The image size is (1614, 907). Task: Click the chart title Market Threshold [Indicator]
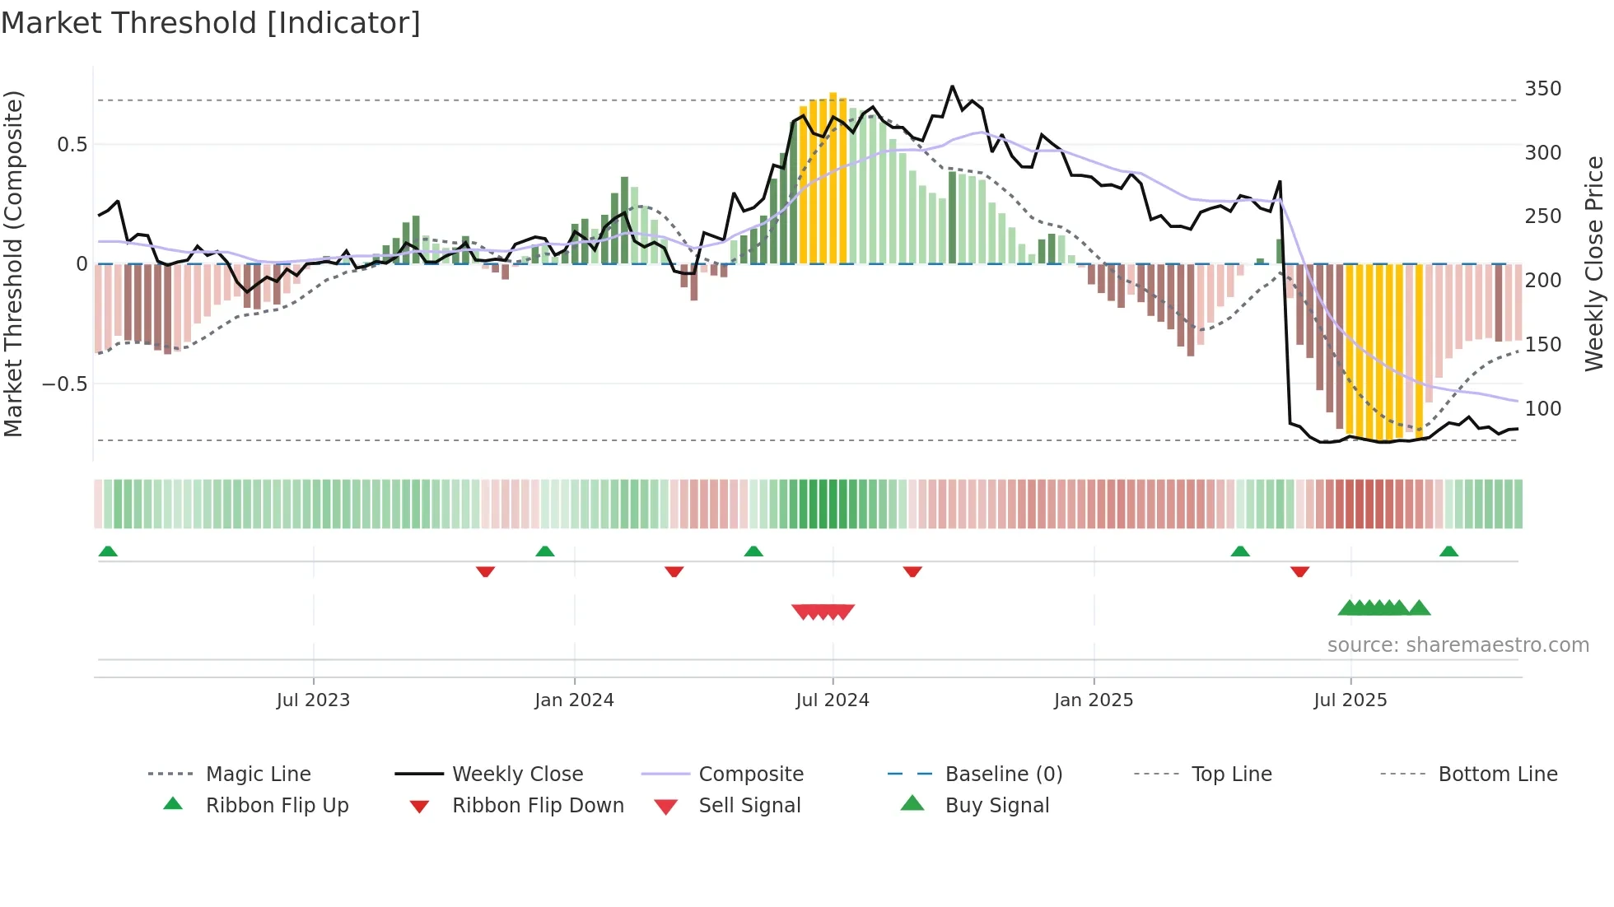pos(211,23)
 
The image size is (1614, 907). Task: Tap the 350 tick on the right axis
pos(1542,89)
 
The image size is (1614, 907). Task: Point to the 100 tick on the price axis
pos(1542,408)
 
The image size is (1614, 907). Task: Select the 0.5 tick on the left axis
pos(72,145)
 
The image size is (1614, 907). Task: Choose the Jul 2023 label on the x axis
pos(313,700)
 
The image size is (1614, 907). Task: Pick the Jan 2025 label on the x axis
pos(1093,700)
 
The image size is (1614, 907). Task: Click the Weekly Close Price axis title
pos(1594,263)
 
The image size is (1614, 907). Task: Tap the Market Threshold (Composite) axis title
pos(13,263)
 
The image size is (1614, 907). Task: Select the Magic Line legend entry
pos(258,774)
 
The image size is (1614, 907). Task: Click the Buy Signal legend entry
pos(996,806)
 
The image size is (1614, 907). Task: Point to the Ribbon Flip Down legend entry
pos(538,806)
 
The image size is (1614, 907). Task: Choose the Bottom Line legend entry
pos(1497,774)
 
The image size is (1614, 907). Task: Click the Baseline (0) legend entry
pos(1003,774)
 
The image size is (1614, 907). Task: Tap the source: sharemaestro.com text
pos(1458,645)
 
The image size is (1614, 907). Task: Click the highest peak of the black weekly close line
pos(952,86)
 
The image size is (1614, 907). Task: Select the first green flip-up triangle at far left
pos(108,551)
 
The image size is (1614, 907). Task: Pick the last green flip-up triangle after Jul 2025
pos(1448,551)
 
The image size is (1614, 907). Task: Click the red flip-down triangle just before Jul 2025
pos(1299,571)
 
